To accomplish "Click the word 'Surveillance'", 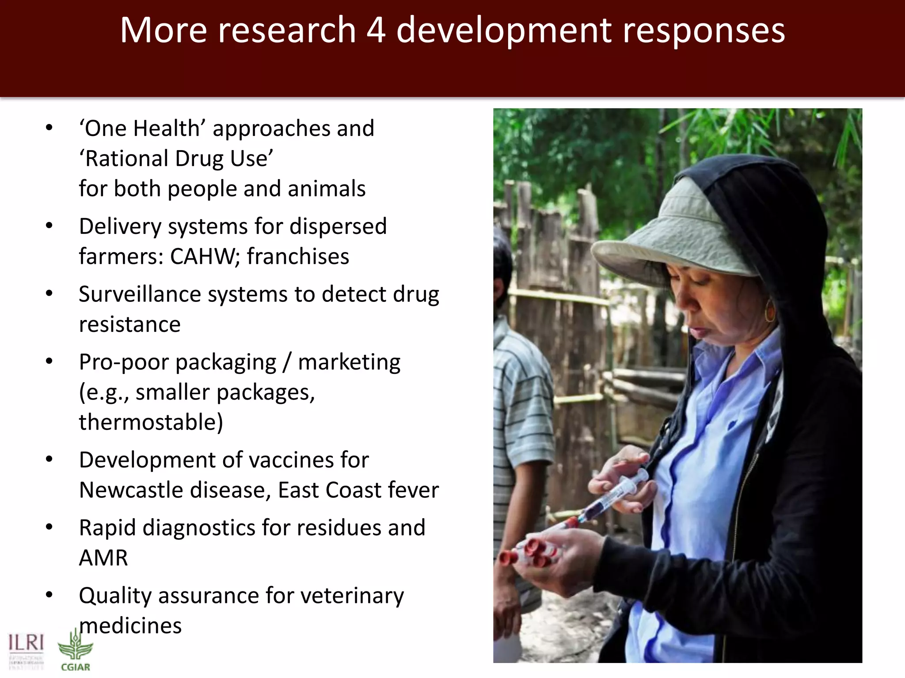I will (140, 294).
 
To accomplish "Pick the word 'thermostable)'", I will (151, 422).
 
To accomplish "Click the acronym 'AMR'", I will (103, 557).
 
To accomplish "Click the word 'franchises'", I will (298, 256).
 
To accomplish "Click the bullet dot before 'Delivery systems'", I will (49, 226).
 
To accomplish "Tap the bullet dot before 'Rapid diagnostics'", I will (49, 527).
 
